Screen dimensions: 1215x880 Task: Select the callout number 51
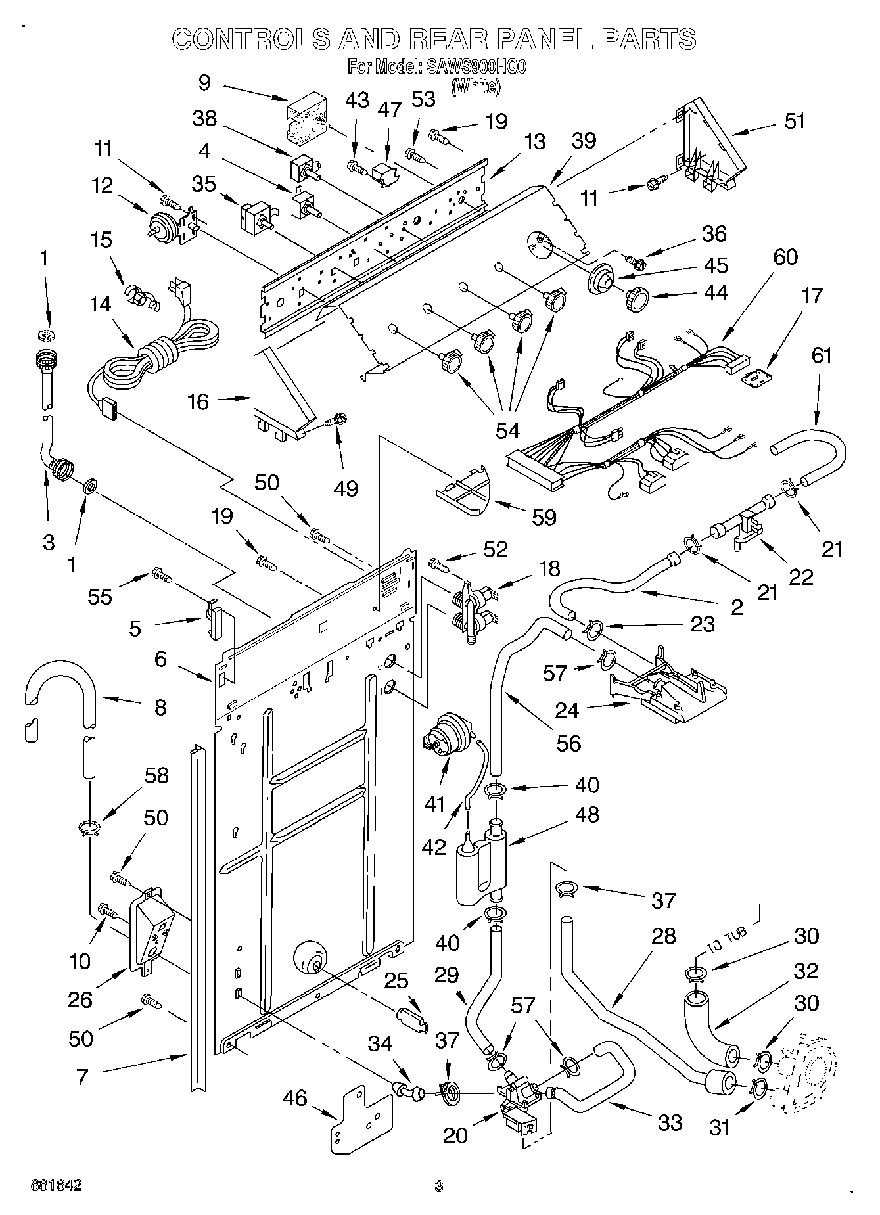(x=795, y=121)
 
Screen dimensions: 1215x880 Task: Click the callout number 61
(x=822, y=355)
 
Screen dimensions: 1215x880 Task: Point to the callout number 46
(x=295, y=1097)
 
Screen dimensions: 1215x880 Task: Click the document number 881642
(x=56, y=1185)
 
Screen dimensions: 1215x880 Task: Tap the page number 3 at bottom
(x=439, y=1186)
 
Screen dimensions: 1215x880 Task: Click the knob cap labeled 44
(x=637, y=299)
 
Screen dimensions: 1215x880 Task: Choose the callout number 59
(x=544, y=517)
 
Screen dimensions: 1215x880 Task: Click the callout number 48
(x=586, y=815)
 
